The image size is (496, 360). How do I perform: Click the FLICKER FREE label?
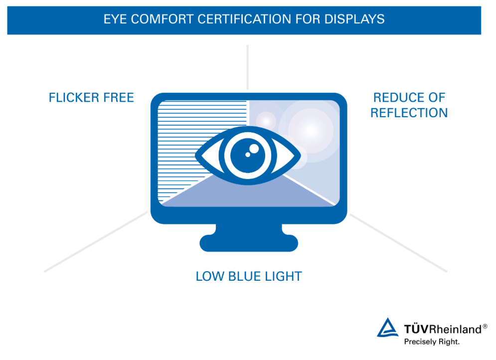(91, 98)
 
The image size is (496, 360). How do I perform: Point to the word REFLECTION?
(409, 113)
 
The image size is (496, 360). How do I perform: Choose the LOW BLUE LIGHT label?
(249, 276)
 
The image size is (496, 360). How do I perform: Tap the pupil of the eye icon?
(248, 154)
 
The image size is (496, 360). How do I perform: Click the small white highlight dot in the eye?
(254, 148)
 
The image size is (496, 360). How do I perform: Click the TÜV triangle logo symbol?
(388, 329)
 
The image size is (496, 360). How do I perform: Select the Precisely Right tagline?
(432, 342)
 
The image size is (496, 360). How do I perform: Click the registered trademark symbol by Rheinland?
(485, 326)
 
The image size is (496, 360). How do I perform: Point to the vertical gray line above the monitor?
(247, 67)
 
